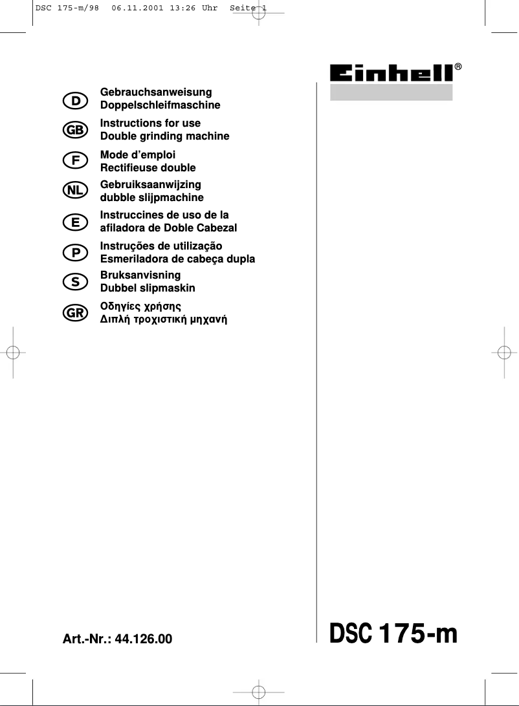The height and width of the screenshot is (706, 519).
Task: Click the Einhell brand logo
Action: tap(391, 73)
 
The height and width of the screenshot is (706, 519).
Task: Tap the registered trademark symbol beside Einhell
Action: tap(458, 67)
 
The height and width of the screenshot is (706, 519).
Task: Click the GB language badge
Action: tap(76, 130)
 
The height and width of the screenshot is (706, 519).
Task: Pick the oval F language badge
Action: tap(76, 161)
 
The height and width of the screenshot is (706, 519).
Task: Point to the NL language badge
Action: tap(76, 191)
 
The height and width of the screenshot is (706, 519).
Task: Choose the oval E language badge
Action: tap(76, 222)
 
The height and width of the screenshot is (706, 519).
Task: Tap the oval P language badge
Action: tap(76, 253)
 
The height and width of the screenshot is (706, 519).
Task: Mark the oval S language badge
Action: tap(76, 282)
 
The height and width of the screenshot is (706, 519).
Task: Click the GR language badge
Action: tap(76, 312)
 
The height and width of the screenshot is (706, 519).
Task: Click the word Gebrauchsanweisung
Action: tap(156, 92)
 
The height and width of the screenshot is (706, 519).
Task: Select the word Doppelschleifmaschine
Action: tap(160, 105)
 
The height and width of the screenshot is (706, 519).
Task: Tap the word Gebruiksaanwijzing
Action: tap(151, 185)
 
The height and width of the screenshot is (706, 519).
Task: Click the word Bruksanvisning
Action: tap(140, 275)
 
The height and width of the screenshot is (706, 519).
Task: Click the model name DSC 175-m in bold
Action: tap(393, 634)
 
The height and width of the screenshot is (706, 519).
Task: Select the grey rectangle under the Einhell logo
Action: tap(391, 92)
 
